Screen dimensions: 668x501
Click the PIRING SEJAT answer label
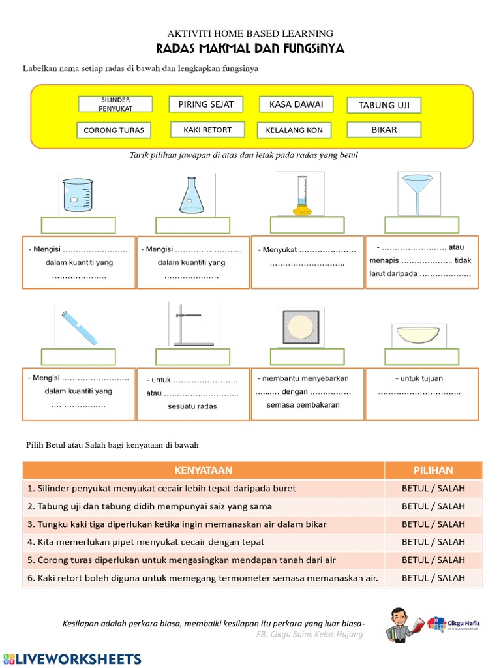click(205, 104)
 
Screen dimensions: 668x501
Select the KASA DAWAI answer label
click(296, 104)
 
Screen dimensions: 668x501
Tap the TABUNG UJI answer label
click(384, 105)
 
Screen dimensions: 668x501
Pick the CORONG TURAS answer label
click(114, 130)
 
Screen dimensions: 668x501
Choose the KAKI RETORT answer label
click(207, 130)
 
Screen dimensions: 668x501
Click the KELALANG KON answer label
click(294, 130)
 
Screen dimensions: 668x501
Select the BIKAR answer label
click(384, 130)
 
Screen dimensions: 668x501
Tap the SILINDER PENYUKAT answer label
click(115, 104)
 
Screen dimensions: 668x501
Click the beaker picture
click(78, 194)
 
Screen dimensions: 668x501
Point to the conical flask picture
click(192, 195)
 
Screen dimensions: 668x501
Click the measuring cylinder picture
click(301, 194)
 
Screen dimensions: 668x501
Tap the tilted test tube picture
click(80, 327)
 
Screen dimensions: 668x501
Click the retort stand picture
click(194, 325)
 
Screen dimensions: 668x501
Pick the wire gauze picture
click(301, 326)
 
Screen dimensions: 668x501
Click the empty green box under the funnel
click(421, 225)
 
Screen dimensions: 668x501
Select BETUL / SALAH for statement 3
click(433, 524)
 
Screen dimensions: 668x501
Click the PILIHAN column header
click(433, 470)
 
